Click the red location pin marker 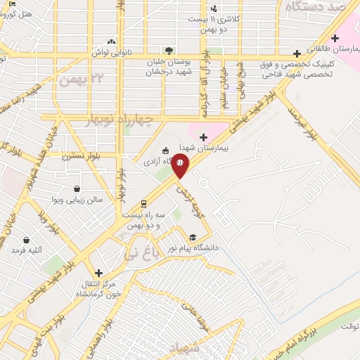(181, 165)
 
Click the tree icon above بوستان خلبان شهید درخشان (168, 51)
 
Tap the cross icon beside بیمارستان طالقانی (297, 53)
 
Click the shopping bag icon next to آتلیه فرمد (27, 240)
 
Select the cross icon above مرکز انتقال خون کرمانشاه (98, 272)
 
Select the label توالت (348, 327)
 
